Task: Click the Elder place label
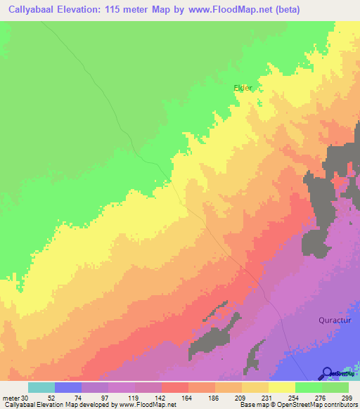(243, 88)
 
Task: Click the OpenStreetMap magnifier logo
(328, 373)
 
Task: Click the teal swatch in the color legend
(41, 387)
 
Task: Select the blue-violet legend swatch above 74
(68, 387)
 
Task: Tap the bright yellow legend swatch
(282, 387)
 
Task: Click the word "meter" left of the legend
(12, 398)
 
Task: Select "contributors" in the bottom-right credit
(340, 405)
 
